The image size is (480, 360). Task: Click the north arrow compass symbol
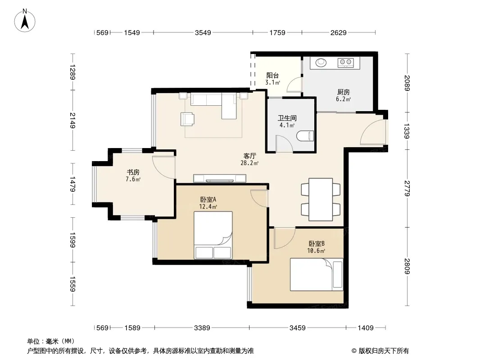pyautogui.click(x=25, y=21)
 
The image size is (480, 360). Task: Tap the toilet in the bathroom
pyautogui.click(x=305, y=136)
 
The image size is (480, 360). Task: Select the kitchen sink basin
pyautogui.click(x=321, y=63)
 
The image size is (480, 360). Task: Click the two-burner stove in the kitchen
pyautogui.click(x=346, y=63)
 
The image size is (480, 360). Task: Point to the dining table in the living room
pyautogui.click(x=321, y=199)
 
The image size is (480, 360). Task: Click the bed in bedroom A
pyautogui.click(x=213, y=235)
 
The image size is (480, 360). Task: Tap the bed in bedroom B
pyautogui.click(x=317, y=274)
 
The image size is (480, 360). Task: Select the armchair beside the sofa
pyautogui.click(x=187, y=119)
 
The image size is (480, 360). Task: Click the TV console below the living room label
pyautogui.click(x=219, y=178)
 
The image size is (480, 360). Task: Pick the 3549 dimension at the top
pyautogui.click(x=203, y=32)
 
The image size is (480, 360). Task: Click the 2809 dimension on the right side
pyautogui.click(x=407, y=266)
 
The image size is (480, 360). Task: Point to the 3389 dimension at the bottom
pyautogui.click(x=202, y=328)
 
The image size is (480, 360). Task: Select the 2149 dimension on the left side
pyautogui.click(x=72, y=120)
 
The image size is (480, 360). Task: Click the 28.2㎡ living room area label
pyautogui.click(x=249, y=163)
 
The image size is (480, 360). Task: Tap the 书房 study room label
pyautogui.click(x=133, y=172)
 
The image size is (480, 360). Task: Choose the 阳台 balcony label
pyautogui.click(x=272, y=75)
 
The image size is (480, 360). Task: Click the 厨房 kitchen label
pyautogui.click(x=344, y=92)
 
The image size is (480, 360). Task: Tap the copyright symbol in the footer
pyautogui.click(x=354, y=351)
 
